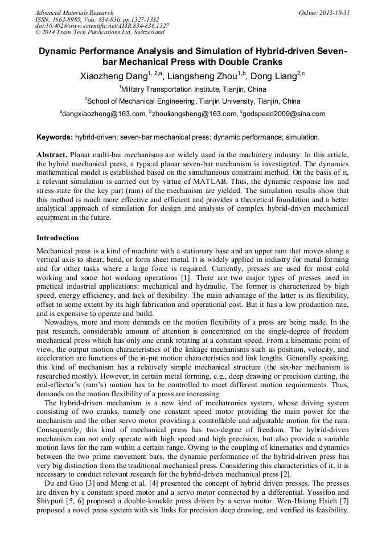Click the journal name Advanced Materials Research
(74, 13)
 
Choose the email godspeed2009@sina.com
(284, 114)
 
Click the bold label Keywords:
(55, 137)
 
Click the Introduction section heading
(58, 237)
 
